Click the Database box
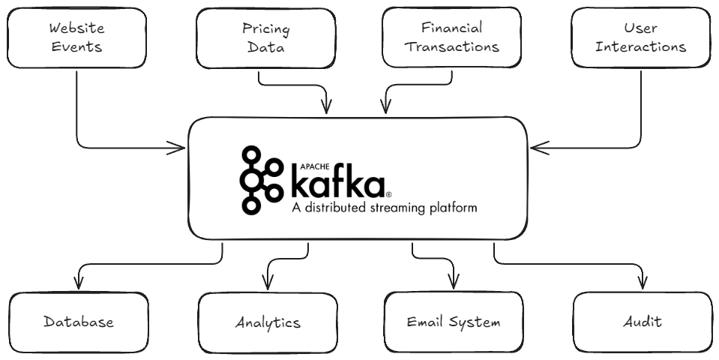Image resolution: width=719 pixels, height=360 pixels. [79, 322]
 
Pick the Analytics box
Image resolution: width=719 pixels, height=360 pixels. [267, 322]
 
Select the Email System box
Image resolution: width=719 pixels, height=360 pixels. [454, 322]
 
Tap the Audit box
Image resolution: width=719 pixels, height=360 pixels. [642, 322]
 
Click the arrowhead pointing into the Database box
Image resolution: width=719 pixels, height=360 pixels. [79, 286]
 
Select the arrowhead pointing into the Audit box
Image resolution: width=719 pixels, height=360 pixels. [642, 286]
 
